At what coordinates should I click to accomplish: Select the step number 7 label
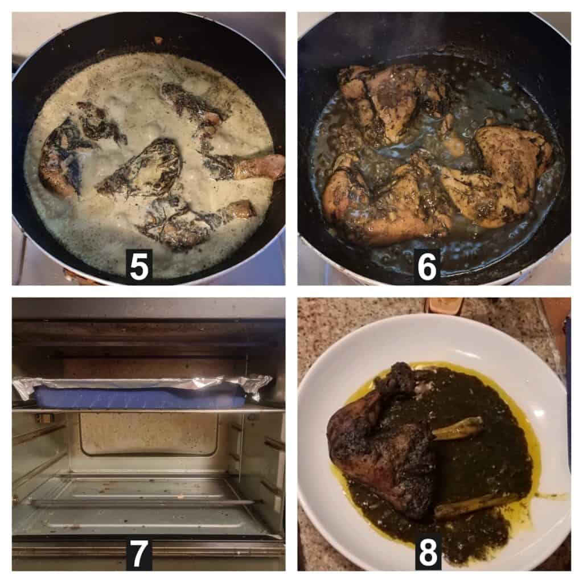tap(138, 553)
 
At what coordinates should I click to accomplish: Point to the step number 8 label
tap(428, 553)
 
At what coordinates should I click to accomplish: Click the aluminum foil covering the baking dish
tap(143, 384)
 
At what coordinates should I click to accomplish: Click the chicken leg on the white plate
tap(383, 442)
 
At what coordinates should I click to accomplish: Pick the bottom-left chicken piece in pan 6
tap(383, 197)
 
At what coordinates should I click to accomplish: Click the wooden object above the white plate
tap(444, 306)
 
